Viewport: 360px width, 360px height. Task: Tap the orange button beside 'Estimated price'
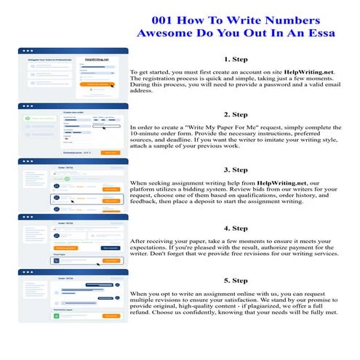[x=110, y=153]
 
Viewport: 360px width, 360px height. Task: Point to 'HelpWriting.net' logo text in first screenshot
[x=95, y=59]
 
